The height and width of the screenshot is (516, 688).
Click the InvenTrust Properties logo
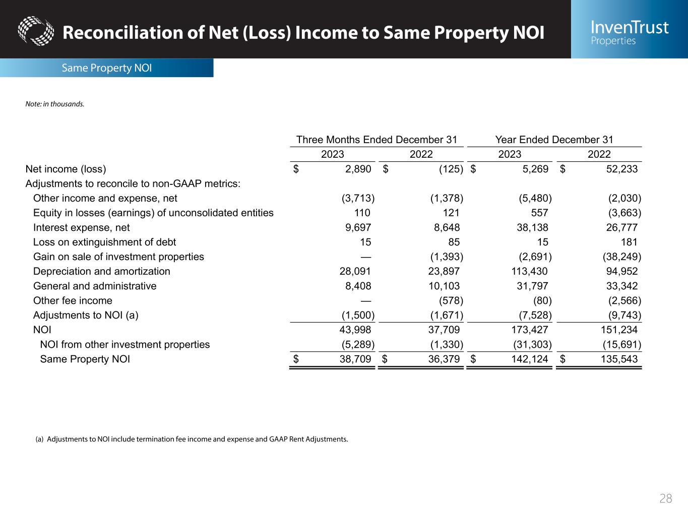coord(630,32)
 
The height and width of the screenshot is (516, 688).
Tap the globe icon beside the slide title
coord(35,30)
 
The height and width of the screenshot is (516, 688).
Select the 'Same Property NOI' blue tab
coord(106,68)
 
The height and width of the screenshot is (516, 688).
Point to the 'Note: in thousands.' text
coord(55,104)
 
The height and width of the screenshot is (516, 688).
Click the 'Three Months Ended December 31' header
coord(377,140)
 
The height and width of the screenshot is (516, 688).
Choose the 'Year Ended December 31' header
coord(554,140)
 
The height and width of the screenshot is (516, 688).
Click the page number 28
coord(665,498)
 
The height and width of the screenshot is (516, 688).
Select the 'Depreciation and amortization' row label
coord(101,271)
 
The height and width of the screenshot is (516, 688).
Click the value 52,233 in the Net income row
coord(621,169)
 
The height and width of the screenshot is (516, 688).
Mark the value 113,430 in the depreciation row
coord(529,271)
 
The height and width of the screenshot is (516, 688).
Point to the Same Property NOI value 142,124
coord(529,359)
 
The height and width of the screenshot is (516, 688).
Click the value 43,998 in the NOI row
coord(356,330)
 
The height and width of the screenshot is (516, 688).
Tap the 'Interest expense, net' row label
coord(81,227)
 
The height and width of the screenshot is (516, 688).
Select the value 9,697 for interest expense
coord(358,227)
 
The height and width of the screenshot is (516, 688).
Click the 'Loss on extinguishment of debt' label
coord(104,242)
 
